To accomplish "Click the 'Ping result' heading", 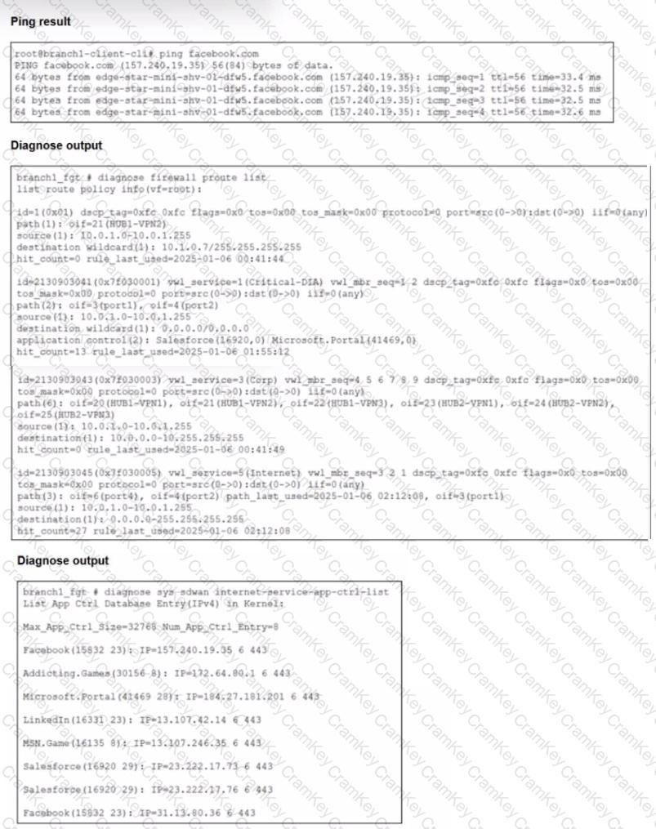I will click(40, 20).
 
